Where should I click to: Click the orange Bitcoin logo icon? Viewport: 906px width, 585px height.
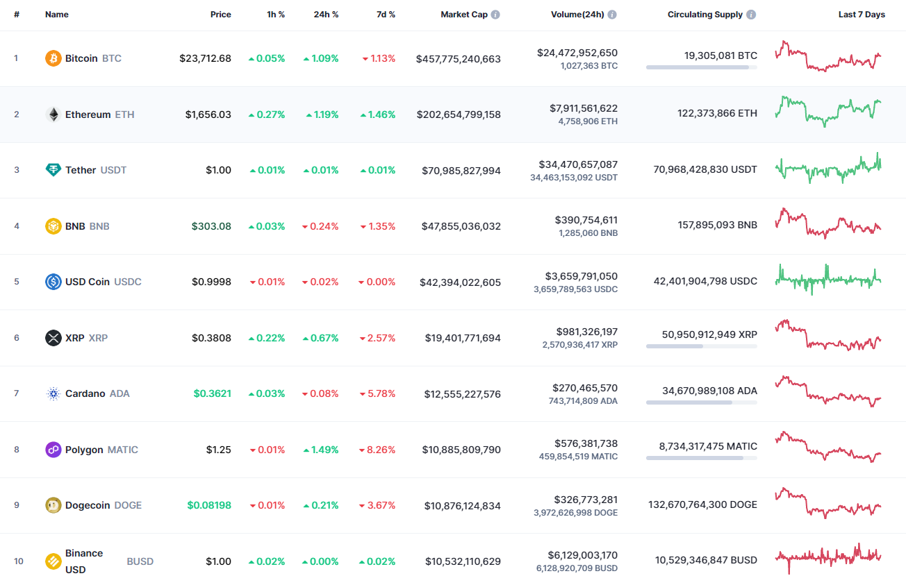pyautogui.click(x=53, y=58)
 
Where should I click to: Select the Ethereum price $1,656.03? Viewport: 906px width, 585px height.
pyautogui.click(x=208, y=115)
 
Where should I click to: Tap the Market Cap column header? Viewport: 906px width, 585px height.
pyautogui.click(x=464, y=15)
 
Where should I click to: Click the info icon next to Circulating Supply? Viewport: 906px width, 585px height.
pyautogui.click(x=752, y=15)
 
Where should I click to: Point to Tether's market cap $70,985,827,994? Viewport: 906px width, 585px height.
pyautogui.click(x=461, y=171)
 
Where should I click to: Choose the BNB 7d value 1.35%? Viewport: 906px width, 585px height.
pyautogui.click(x=381, y=226)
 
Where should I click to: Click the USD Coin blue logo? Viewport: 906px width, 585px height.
pyautogui.click(x=53, y=282)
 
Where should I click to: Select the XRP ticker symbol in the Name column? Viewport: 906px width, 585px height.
pyautogui.click(x=98, y=338)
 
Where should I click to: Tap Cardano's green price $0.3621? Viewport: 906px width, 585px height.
pyautogui.click(x=212, y=393)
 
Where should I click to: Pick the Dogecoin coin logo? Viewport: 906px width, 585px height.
pyautogui.click(x=53, y=505)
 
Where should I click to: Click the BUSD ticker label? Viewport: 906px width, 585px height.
pyautogui.click(x=140, y=561)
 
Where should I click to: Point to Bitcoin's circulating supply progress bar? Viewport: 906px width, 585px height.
pyautogui.click(x=701, y=67)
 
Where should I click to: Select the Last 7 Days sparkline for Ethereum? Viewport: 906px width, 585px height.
pyautogui.click(x=828, y=111)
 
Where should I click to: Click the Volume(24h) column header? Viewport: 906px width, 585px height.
pyautogui.click(x=577, y=15)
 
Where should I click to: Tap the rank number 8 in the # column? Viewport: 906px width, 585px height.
pyautogui.click(x=17, y=450)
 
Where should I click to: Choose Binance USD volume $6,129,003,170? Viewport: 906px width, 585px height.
pyautogui.click(x=577, y=555)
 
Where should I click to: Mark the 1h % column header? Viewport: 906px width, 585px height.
pyautogui.click(x=276, y=15)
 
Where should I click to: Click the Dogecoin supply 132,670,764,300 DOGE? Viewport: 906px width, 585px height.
pyautogui.click(x=702, y=505)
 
